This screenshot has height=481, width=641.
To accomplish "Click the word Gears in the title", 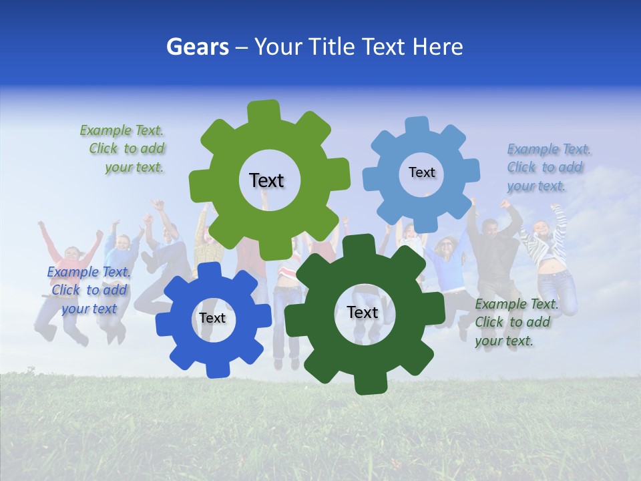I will point(197,47).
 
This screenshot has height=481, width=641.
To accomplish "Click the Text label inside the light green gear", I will point(266,180).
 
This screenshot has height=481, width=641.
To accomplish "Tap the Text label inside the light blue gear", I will point(421,172).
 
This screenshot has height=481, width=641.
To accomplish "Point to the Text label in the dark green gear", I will point(363,312).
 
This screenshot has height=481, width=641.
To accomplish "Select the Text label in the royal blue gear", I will point(212,318).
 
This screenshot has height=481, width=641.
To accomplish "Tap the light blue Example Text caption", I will point(548,167).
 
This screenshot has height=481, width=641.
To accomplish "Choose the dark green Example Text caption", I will point(515,322).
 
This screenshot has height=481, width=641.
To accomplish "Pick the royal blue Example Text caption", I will point(88,290).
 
